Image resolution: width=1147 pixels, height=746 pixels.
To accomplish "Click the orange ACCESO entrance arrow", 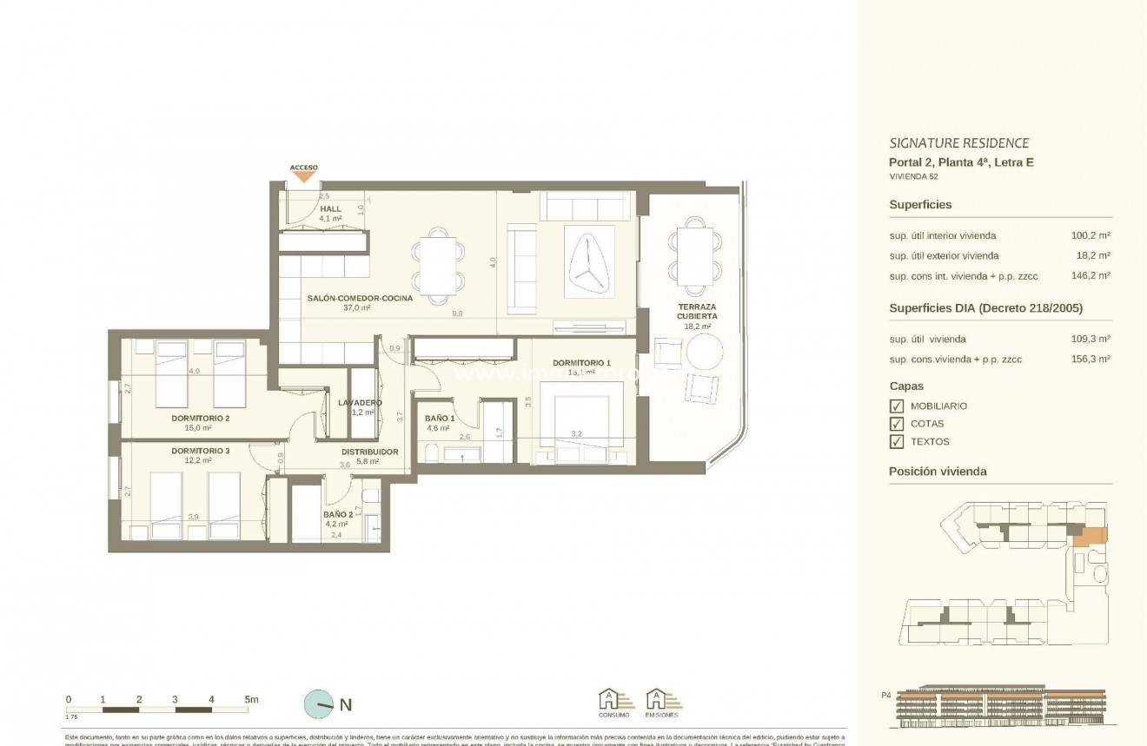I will (304, 176).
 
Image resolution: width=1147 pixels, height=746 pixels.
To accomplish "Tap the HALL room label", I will (330, 209).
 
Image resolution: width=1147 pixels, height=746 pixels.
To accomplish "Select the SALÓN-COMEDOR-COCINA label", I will (360, 298).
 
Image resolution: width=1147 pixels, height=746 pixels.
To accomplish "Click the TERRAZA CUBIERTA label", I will (697, 312).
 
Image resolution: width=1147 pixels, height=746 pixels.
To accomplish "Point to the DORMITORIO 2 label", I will (200, 418).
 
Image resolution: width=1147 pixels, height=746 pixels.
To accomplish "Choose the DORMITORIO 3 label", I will (200, 451).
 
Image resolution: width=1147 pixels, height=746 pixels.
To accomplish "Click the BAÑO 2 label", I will (338, 513).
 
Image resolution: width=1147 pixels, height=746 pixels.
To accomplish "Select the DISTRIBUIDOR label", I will (369, 452).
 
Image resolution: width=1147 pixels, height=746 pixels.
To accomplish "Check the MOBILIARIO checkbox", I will (897, 406).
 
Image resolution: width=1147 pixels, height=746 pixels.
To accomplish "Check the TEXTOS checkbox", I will (897, 441).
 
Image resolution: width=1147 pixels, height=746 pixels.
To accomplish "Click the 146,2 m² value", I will (1091, 275).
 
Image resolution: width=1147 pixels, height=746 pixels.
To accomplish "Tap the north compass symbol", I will (319, 704).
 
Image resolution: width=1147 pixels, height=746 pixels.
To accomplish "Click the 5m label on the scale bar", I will (252, 699).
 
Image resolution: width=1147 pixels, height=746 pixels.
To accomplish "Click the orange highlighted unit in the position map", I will (1090, 537).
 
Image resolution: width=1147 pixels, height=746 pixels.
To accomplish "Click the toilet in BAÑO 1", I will (432, 452).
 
